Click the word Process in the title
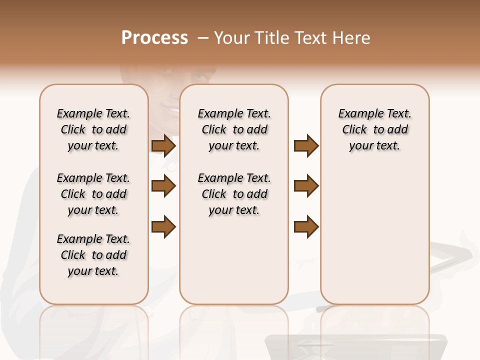pyautogui.click(x=154, y=37)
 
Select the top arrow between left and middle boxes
pyautogui.click(x=163, y=146)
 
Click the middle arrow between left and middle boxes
pyautogui.click(x=163, y=186)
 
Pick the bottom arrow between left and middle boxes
pyautogui.click(x=163, y=227)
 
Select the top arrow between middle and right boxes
pyautogui.click(x=306, y=146)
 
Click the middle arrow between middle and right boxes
pyautogui.click(x=306, y=186)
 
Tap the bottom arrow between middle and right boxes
pyautogui.click(x=306, y=227)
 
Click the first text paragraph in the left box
pyautogui.click(x=93, y=129)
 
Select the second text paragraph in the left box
pyautogui.click(x=93, y=194)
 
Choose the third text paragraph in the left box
pyautogui.click(x=93, y=255)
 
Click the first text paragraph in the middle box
pyautogui.click(x=234, y=129)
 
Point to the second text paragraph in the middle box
pyautogui.click(x=234, y=194)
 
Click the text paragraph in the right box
pyautogui.click(x=374, y=129)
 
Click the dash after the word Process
pyautogui.click(x=202, y=38)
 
